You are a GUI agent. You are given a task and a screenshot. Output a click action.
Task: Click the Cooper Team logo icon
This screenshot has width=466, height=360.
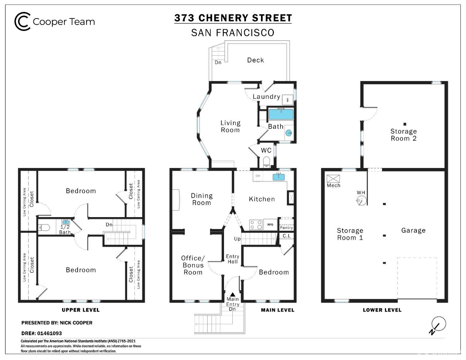click(x=22, y=21)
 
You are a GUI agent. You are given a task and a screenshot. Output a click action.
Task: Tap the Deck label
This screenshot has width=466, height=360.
click(x=255, y=60)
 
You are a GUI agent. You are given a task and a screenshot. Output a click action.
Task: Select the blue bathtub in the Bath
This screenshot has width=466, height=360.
click(x=281, y=115)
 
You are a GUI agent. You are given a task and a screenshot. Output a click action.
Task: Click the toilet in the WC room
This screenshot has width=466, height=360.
click(x=266, y=162)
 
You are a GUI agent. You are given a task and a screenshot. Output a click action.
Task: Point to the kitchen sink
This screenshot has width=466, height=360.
click(x=279, y=177)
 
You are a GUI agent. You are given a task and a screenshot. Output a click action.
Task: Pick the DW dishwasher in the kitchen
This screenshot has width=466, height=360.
click(x=258, y=176)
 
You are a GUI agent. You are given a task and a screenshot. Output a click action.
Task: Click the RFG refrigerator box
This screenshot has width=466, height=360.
click(x=270, y=225)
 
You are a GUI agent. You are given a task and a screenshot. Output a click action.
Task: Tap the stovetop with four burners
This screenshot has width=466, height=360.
click(x=256, y=225)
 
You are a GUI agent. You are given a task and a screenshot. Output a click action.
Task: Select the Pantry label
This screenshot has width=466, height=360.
click(x=286, y=228)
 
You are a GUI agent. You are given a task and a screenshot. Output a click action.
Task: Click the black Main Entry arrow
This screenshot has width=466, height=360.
click(x=233, y=294)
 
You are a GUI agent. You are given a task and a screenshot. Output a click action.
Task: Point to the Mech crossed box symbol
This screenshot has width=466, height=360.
click(x=333, y=179)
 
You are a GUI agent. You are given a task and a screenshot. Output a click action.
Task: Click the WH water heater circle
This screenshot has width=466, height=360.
click(x=361, y=201)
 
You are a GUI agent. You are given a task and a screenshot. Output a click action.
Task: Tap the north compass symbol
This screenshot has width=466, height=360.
click(x=438, y=325)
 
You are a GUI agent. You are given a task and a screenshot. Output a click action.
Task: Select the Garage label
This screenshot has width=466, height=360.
click(x=413, y=230)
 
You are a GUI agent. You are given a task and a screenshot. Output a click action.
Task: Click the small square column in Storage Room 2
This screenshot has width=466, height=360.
click(x=405, y=124)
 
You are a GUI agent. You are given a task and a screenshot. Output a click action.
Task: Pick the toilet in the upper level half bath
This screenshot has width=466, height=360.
click(x=44, y=227)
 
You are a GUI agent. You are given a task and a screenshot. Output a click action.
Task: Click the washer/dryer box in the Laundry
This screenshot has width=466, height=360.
click(x=288, y=99)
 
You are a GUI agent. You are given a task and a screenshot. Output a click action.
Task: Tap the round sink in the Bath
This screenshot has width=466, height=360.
click(x=288, y=133)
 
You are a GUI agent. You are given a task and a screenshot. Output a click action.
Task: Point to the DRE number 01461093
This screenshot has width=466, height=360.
click(x=49, y=333)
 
